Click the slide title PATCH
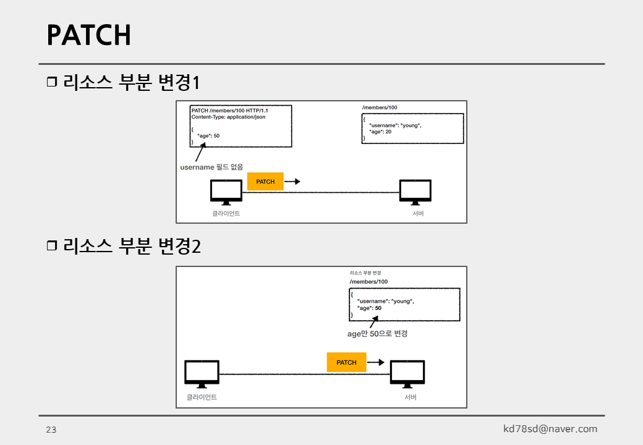[x=89, y=35]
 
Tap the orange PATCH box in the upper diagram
[x=265, y=182]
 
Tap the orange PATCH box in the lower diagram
[x=346, y=362]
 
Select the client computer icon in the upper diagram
[x=226, y=192]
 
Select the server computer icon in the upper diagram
[x=415, y=192]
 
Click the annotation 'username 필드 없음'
[x=211, y=167]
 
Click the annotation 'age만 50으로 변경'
[x=377, y=334]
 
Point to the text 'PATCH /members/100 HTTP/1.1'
[x=229, y=110]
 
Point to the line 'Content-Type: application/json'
[x=228, y=117]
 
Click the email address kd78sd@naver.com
[x=550, y=429]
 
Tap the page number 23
[x=51, y=430]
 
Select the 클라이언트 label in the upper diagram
[x=226, y=213]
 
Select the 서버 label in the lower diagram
[x=411, y=397]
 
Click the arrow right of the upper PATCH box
[x=293, y=182]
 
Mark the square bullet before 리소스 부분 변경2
[x=51, y=246]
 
